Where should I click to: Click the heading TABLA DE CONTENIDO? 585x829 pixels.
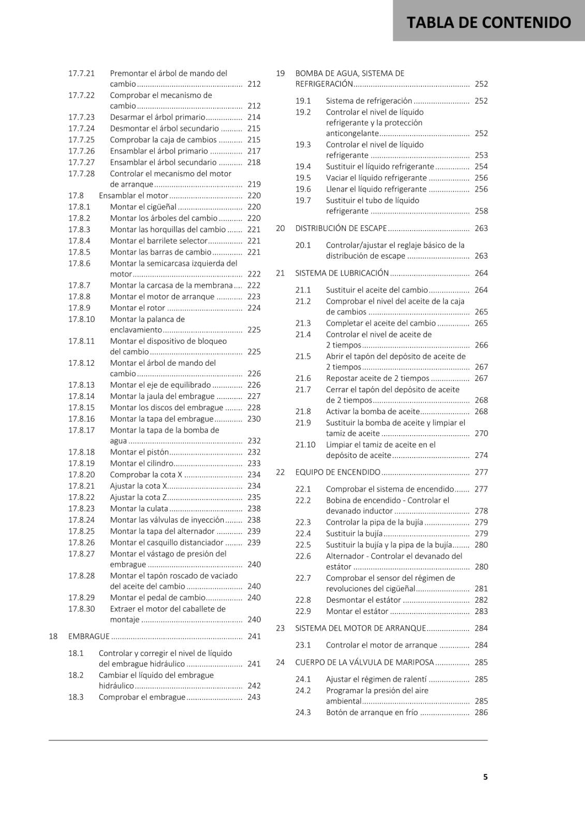[489, 22]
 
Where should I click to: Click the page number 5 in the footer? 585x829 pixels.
[485, 777]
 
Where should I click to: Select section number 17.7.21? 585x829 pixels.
[81, 74]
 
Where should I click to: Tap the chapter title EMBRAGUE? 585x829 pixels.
[89, 636]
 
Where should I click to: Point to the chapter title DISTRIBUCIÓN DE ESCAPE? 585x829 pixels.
[341, 228]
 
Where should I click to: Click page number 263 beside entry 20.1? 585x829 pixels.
[481, 256]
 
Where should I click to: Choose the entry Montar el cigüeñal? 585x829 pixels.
[143, 207]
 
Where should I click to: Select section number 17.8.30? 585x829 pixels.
[81, 609]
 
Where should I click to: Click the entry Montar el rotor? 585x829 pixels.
[137, 308]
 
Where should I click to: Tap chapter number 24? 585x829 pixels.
[280, 662]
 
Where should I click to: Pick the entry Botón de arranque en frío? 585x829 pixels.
[372, 712]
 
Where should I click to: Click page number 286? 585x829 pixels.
[481, 712]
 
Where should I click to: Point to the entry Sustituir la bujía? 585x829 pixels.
[354, 534]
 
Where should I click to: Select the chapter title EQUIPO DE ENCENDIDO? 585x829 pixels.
[338, 472]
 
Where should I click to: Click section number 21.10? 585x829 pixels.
[305, 445]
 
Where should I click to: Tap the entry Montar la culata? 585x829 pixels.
[139, 509]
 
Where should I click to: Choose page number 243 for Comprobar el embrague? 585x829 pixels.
[254, 697]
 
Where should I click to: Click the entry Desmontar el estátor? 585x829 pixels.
[363, 600]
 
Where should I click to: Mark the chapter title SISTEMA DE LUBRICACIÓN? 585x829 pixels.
[342, 273]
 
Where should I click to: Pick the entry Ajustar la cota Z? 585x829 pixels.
[138, 497]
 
